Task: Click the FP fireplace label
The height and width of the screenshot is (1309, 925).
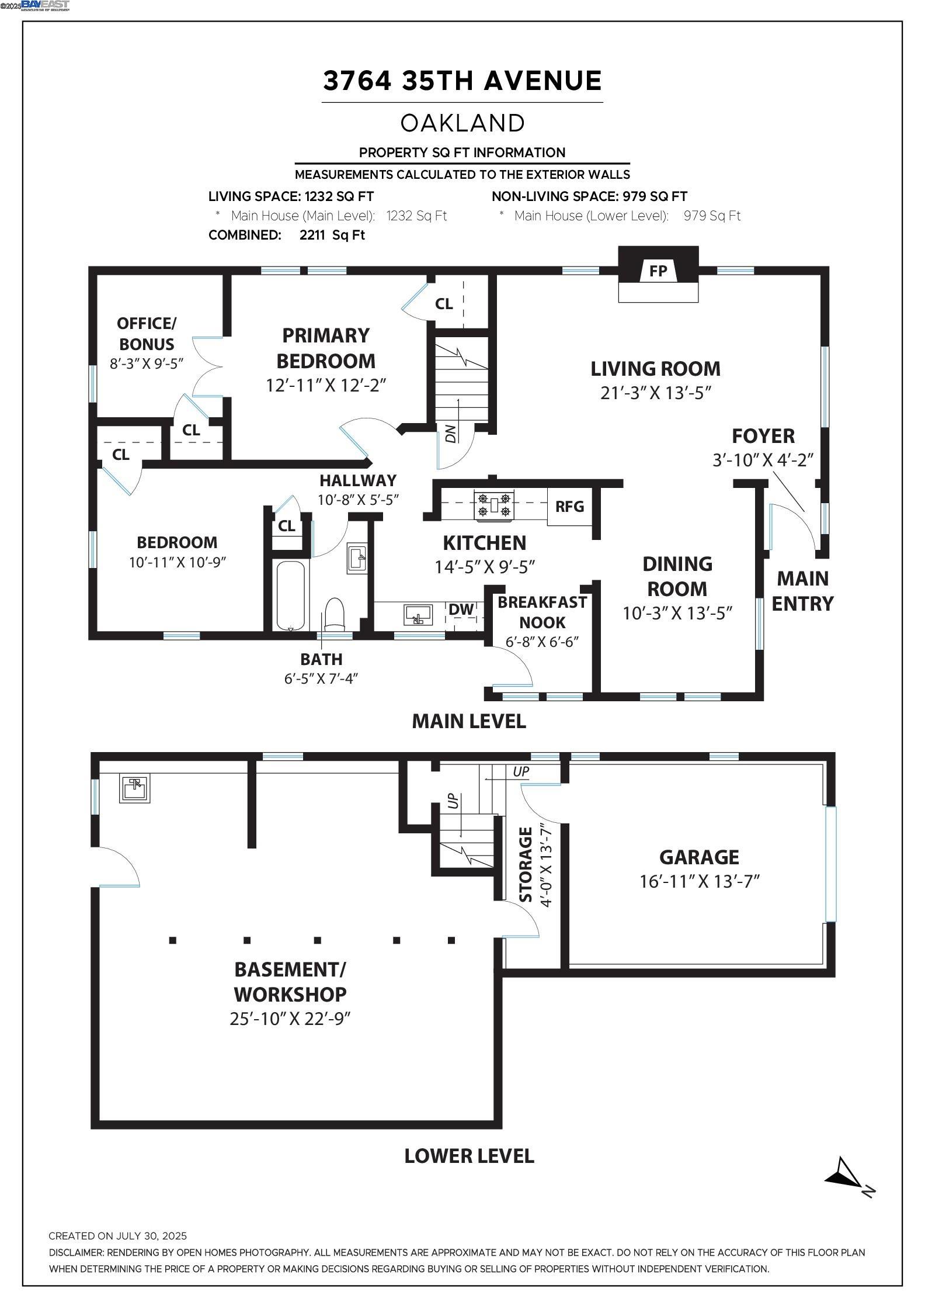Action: (658, 271)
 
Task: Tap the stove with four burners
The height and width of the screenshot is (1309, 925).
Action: (494, 505)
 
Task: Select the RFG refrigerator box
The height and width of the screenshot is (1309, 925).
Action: (569, 506)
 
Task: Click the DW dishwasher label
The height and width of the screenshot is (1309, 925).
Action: (461, 610)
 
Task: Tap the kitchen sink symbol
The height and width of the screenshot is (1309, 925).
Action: (418, 615)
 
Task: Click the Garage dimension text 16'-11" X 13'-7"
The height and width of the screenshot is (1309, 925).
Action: (699, 881)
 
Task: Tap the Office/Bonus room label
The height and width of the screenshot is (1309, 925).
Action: (147, 333)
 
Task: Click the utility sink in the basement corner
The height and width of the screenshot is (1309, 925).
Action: (135, 788)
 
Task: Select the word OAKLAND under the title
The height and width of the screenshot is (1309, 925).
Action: (463, 123)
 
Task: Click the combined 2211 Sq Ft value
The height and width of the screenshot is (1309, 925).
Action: (332, 235)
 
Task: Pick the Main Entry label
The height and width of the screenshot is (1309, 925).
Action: (802, 590)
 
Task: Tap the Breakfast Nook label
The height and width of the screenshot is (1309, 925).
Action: (542, 612)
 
